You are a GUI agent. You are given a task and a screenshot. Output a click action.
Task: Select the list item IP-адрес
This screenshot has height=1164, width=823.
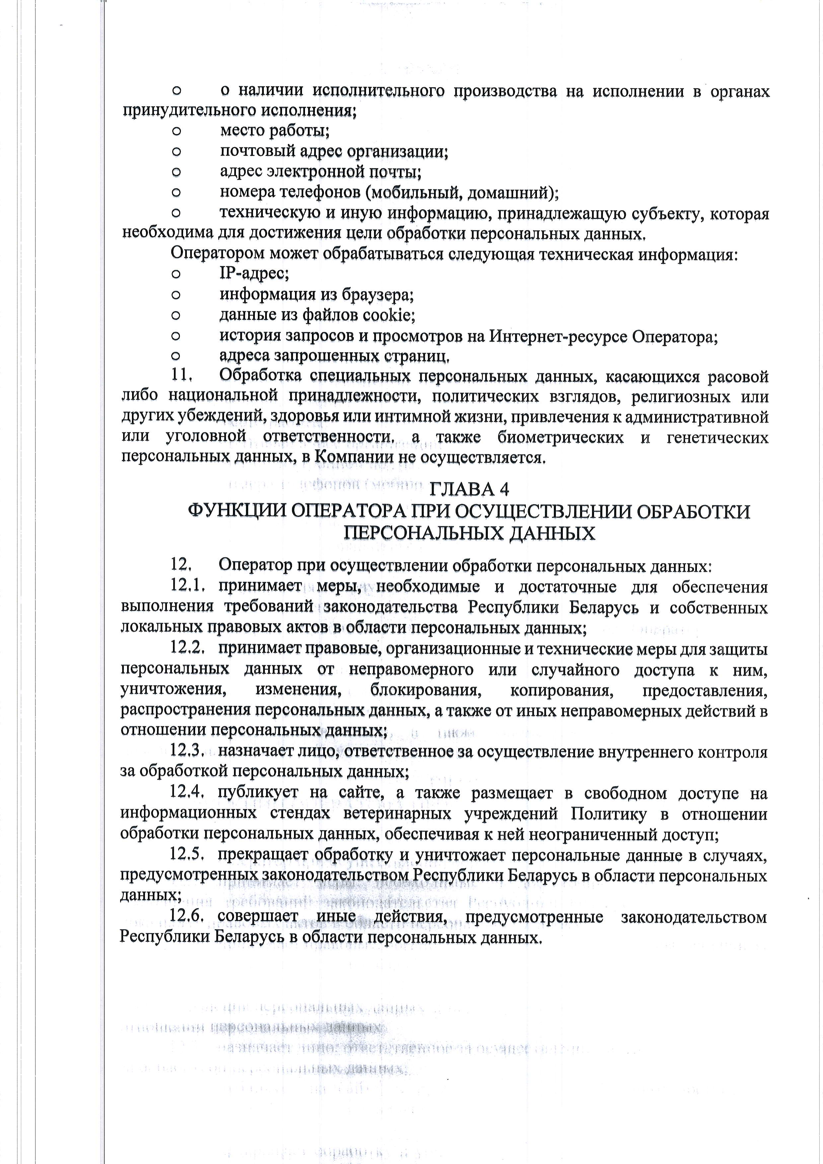[x=254, y=274]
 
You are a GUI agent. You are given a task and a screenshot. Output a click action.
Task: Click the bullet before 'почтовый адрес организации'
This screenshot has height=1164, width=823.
[x=176, y=152]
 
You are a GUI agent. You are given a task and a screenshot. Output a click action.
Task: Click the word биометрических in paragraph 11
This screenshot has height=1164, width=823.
[x=560, y=438]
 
